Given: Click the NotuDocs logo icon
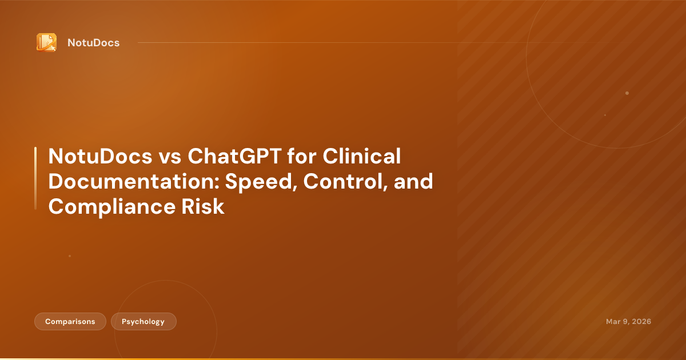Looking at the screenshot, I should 46,42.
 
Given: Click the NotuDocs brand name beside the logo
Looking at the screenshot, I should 93,43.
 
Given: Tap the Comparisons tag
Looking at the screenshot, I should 70,322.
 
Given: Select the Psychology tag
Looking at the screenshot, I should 143,322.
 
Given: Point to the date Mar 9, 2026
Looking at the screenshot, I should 628,322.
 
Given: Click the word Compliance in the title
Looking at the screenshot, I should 108,206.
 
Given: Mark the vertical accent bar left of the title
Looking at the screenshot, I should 35,178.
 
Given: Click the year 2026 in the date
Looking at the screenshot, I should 640,322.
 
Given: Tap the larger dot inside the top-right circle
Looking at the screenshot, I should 627,93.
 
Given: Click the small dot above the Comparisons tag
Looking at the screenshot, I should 70,256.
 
